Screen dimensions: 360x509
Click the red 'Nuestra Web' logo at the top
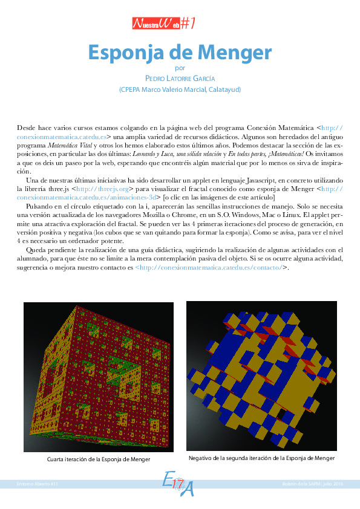click(x=163, y=24)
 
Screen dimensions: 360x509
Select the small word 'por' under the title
click(x=179, y=68)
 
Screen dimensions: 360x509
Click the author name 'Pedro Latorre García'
click(x=180, y=79)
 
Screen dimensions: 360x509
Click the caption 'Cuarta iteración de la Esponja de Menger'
click(x=99, y=459)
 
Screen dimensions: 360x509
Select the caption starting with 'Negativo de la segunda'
click(x=261, y=458)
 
